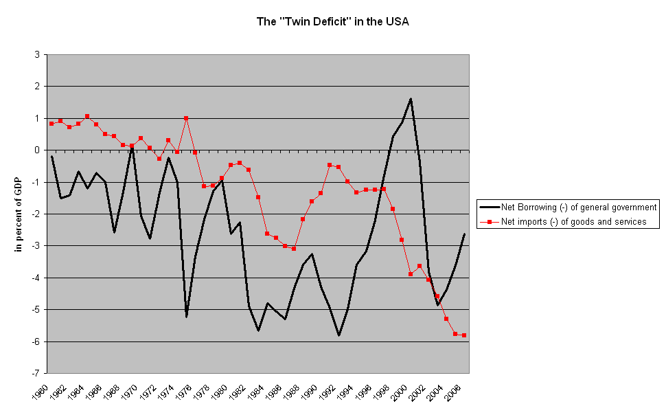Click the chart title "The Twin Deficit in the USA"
tap(332, 22)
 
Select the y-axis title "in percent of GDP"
tap(19, 213)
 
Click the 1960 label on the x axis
tap(45, 393)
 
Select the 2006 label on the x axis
tap(458, 393)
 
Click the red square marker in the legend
tap(489, 221)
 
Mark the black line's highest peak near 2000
tap(411, 99)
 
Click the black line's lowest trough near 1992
tap(338, 335)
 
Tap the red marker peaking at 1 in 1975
tap(186, 118)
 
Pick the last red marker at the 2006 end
tap(464, 335)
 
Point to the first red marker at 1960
tap(51, 124)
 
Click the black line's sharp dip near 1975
tap(186, 317)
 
